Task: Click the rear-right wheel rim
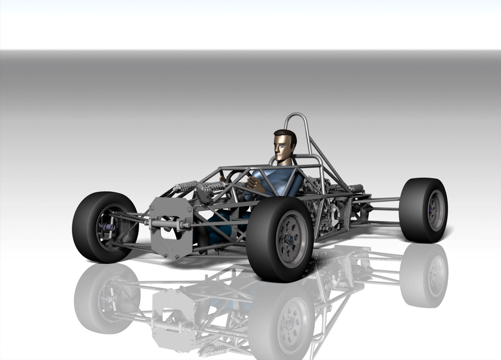coord(436,210)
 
